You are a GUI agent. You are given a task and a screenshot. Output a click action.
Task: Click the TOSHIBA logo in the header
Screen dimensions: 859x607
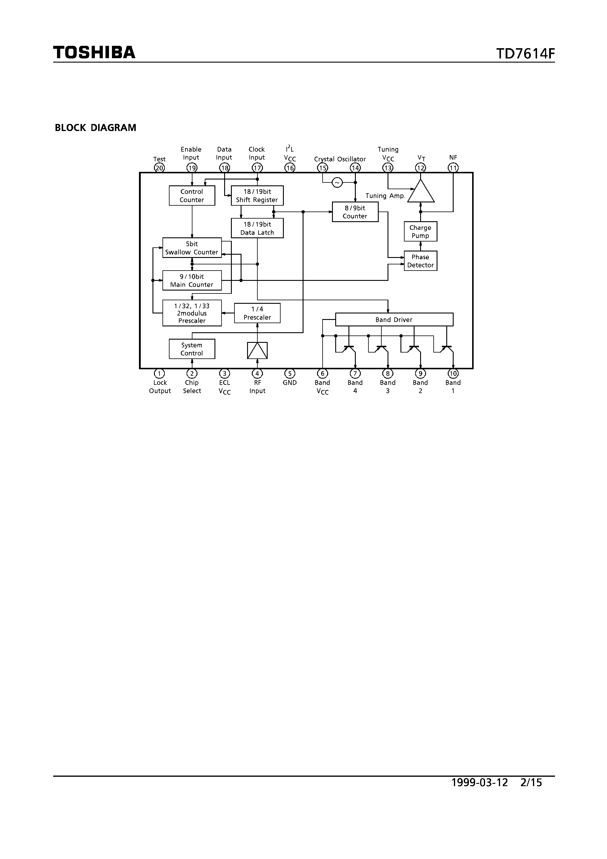click(x=94, y=52)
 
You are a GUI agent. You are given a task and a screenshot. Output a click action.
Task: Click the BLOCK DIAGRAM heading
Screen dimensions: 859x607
click(x=95, y=128)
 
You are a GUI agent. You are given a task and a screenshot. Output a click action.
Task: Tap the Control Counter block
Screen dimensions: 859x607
click(x=192, y=196)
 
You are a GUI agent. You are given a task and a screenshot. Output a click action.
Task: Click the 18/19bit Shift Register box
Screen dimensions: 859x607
click(x=257, y=196)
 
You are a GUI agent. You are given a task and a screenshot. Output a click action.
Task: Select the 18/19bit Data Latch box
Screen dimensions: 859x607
click(x=257, y=228)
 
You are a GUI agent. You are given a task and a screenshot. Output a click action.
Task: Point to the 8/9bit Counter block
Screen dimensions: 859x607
click(x=355, y=212)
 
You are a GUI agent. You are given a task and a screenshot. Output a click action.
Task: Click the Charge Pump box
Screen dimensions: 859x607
click(x=420, y=231)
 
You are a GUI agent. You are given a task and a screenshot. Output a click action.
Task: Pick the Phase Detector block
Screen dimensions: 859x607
click(x=420, y=261)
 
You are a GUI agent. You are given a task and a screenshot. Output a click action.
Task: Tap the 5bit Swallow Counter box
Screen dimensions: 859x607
click(x=192, y=248)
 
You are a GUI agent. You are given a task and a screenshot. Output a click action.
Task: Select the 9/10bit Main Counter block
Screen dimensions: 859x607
click(x=192, y=280)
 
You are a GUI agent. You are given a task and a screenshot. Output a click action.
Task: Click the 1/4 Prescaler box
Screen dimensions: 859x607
click(x=257, y=313)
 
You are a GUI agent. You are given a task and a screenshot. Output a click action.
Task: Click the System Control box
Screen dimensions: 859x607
click(x=192, y=349)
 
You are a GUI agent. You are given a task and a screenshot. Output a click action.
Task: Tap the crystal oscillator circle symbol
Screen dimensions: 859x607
click(x=337, y=182)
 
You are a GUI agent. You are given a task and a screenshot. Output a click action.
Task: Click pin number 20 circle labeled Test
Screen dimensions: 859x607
click(x=160, y=168)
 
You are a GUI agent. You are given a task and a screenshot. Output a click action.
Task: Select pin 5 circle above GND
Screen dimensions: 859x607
click(x=290, y=373)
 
